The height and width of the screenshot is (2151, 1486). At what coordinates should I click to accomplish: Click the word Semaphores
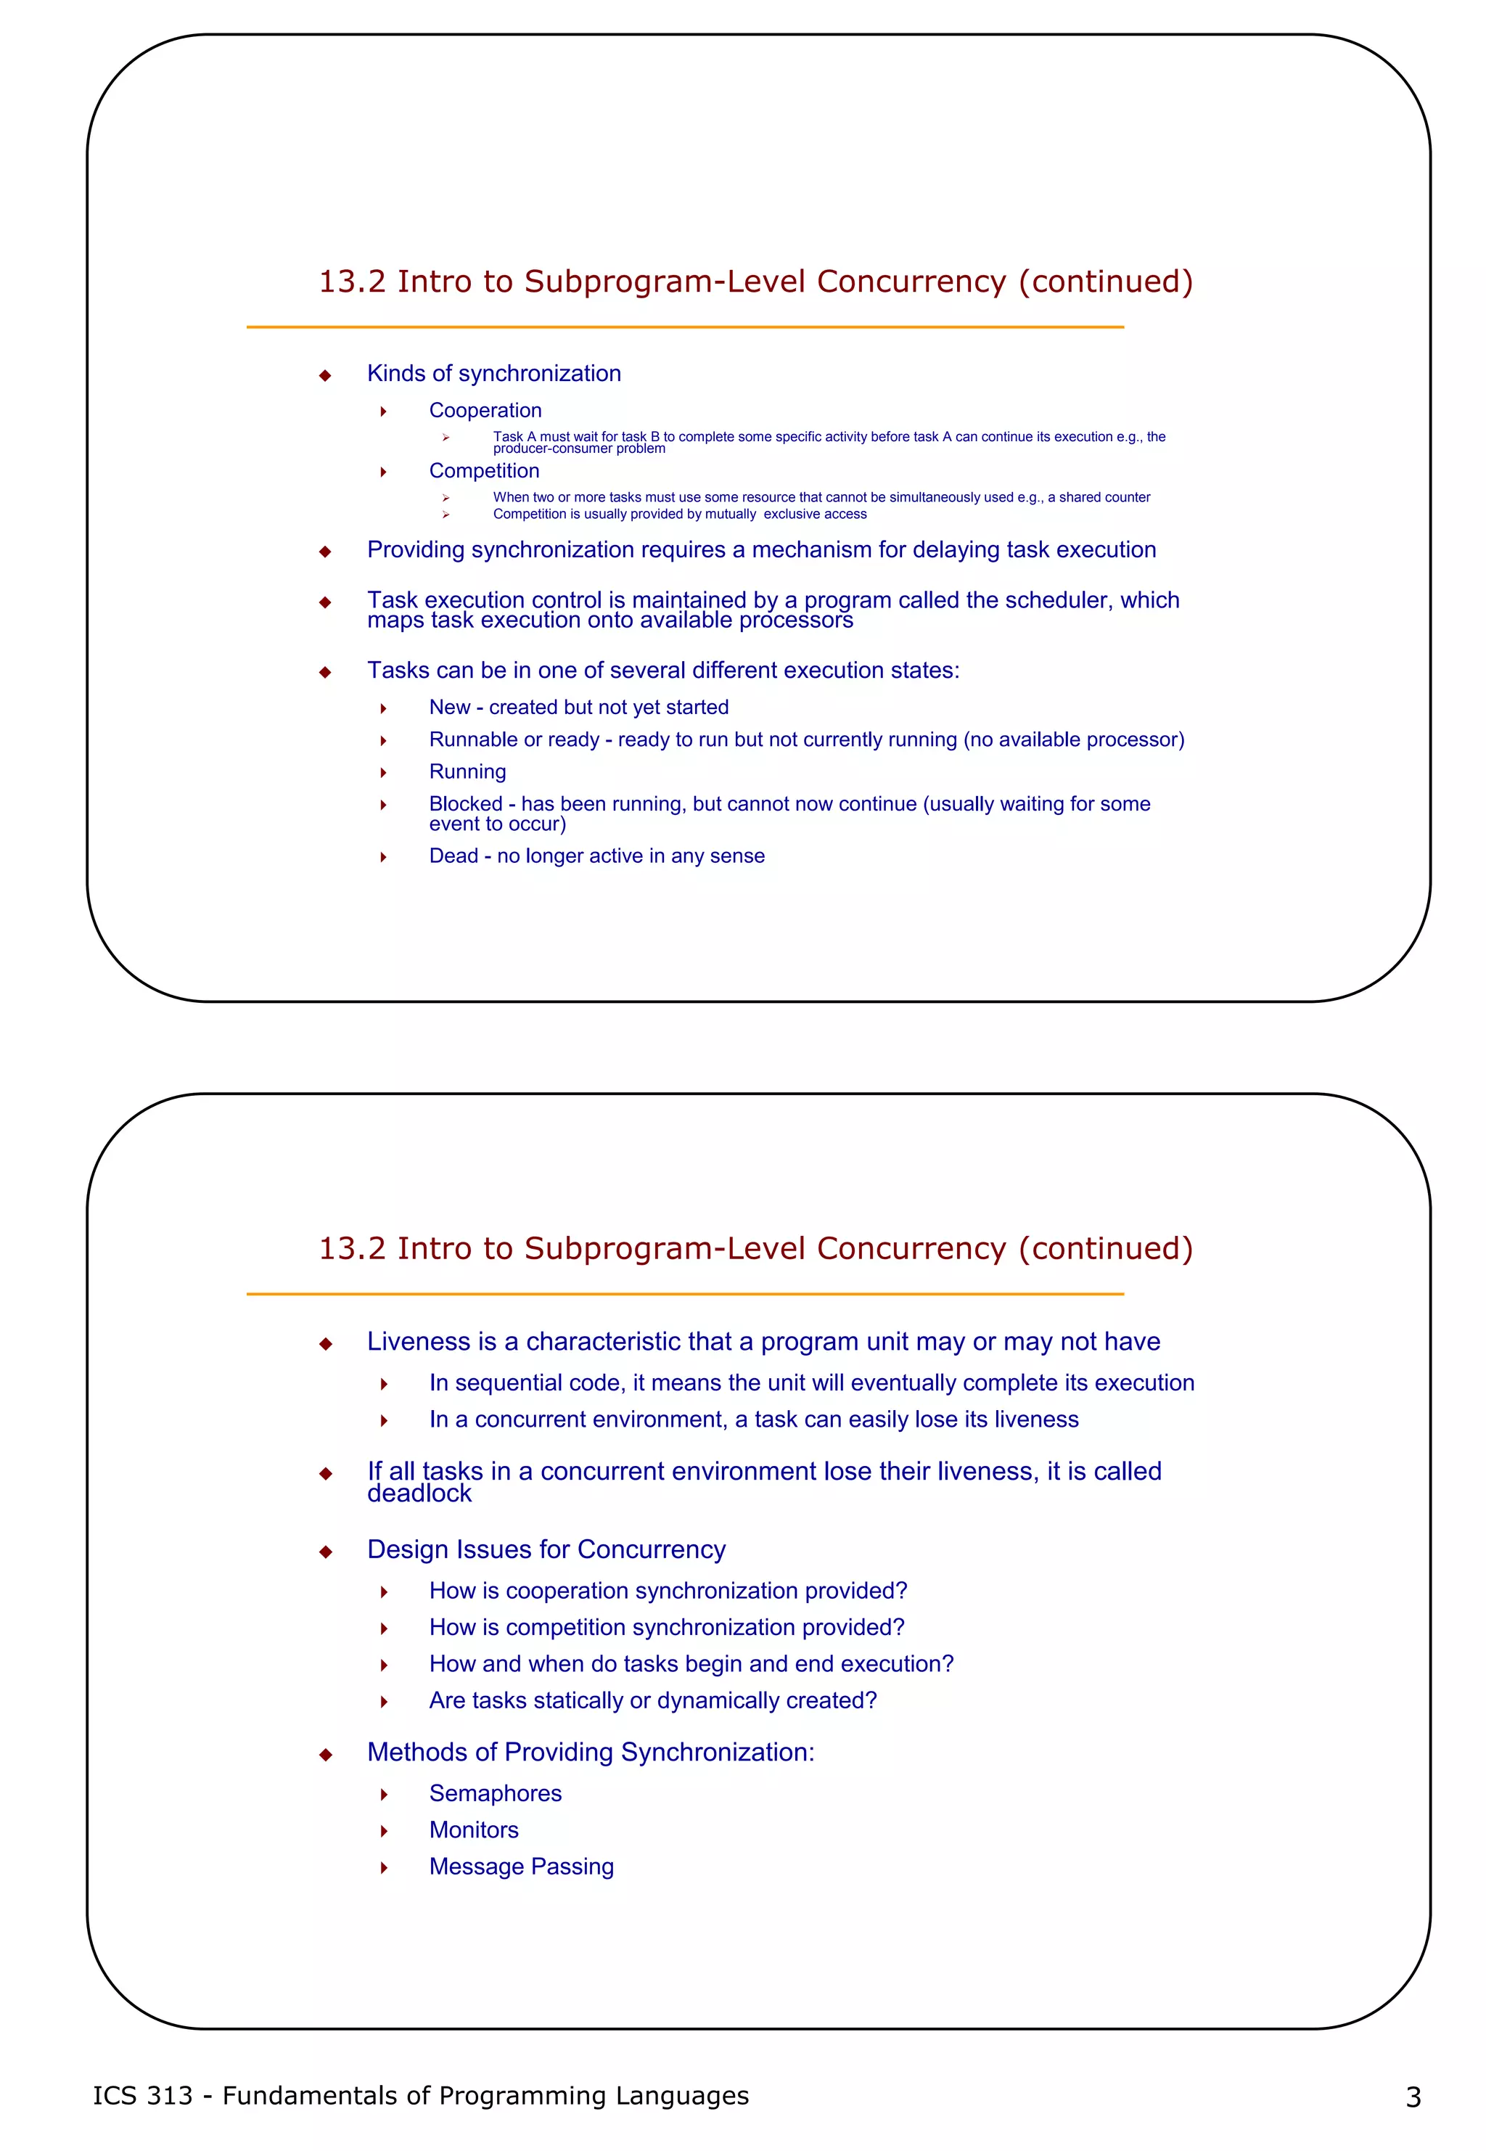[x=496, y=1793]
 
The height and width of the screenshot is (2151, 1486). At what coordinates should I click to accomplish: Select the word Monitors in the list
[x=473, y=1830]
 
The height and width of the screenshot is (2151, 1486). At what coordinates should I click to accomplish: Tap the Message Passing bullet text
[x=522, y=1866]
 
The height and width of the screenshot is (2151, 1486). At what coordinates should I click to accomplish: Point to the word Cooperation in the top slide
[x=485, y=411]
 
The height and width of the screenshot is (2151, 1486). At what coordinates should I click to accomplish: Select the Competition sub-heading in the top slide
[x=484, y=471]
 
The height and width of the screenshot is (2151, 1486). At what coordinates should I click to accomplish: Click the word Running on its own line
[x=467, y=772]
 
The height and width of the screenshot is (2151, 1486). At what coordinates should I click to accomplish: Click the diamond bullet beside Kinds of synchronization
[x=325, y=375]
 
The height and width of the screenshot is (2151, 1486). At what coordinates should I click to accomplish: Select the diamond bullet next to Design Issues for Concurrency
[x=325, y=1552]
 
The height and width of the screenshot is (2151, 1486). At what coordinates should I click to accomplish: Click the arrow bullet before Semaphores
[x=384, y=1795]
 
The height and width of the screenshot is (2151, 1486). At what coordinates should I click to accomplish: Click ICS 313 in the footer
[x=142, y=2095]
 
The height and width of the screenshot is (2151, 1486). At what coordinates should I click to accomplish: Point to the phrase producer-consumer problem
[x=579, y=448]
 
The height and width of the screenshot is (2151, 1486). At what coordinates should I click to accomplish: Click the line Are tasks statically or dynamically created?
[x=653, y=1700]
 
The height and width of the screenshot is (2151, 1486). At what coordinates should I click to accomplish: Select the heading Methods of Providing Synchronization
[x=591, y=1753]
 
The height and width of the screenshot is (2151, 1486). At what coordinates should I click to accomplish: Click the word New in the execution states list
[x=450, y=708]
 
